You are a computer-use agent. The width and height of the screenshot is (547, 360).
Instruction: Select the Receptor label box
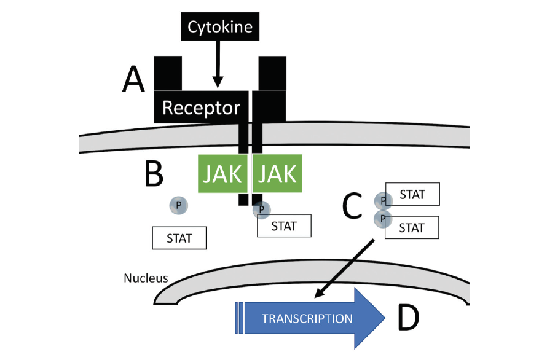tap(201, 108)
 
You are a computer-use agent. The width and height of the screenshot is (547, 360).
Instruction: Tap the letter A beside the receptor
tap(133, 80)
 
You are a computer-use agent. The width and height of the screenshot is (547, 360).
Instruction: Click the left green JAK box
tap(223, 173)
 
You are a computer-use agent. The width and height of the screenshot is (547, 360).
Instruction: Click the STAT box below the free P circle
tap(179, 238)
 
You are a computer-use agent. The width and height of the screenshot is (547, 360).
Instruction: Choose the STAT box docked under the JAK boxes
tap(283, 225)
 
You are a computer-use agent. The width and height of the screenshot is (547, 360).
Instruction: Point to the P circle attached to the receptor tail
tap(261, 210)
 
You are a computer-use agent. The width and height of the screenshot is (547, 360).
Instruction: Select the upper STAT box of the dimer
tap(412, 194)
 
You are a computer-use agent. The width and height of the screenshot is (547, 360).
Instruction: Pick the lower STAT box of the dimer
tap(412, 227)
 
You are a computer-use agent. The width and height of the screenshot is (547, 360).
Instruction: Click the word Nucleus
tap(146, 278)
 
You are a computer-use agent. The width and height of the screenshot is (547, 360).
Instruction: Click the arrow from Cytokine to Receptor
tap(217, 61)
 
